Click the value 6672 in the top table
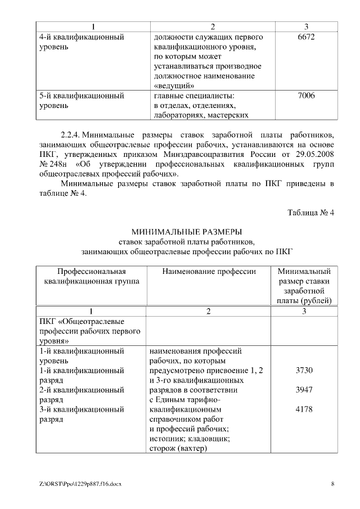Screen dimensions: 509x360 305,37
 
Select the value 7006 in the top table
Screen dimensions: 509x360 305,96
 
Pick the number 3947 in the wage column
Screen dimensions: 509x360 304,389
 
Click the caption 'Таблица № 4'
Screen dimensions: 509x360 311,213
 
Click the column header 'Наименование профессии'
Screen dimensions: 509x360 209,272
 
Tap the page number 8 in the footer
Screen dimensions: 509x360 332,484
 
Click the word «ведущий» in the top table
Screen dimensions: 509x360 174,85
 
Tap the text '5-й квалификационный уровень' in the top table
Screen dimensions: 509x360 82,100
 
